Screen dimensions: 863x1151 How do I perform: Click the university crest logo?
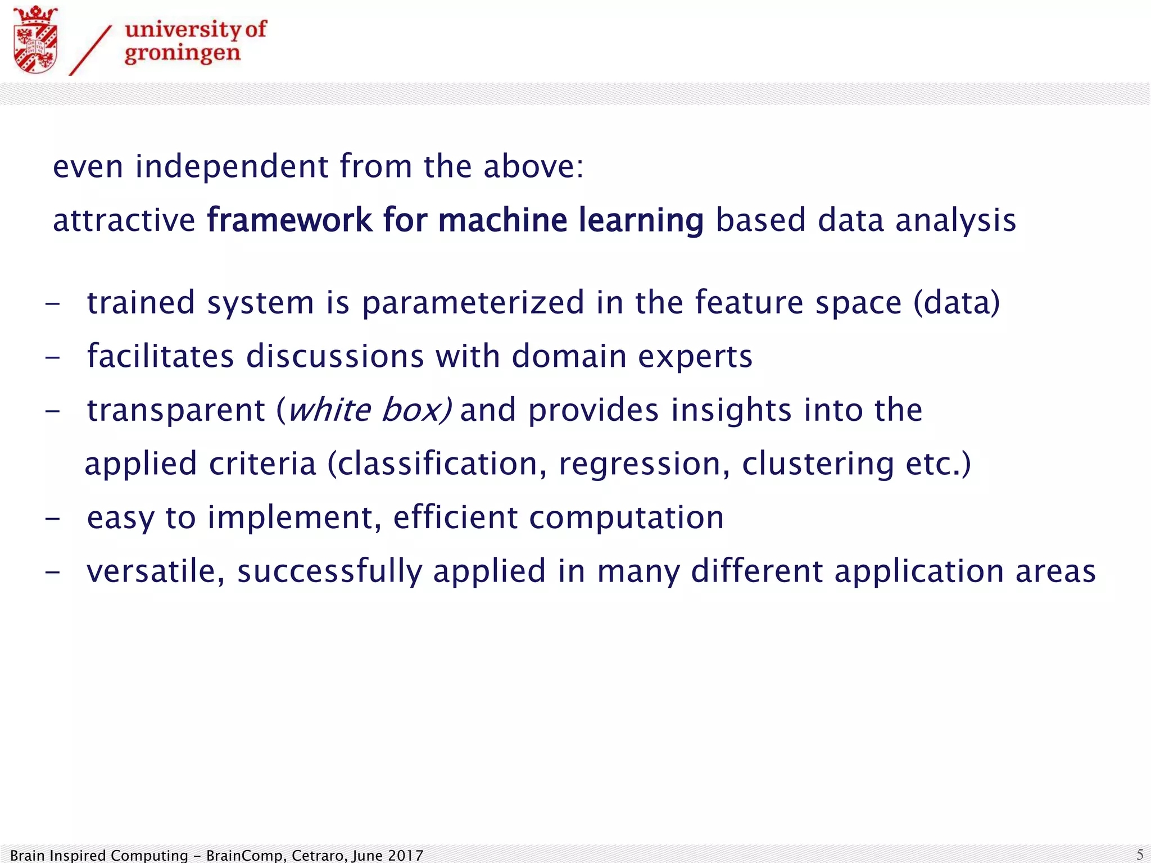[35, 39]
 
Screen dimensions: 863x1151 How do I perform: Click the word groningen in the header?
[182, 54]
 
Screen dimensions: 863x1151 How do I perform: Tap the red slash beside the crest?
[90, 50]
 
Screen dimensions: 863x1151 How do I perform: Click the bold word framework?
[289, 220]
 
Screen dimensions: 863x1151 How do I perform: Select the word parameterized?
[473, 303]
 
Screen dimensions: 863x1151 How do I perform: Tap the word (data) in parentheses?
[957, 303]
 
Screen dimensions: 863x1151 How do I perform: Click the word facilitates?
[160, 356]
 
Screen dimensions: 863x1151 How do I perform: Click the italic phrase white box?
[368, 410]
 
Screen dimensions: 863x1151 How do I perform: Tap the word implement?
[294, 518]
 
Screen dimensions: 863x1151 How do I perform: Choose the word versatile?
[155, 571]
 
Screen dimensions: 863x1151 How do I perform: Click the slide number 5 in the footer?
[1140, 855]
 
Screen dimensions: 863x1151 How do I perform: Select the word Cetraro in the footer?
[321, 856]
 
